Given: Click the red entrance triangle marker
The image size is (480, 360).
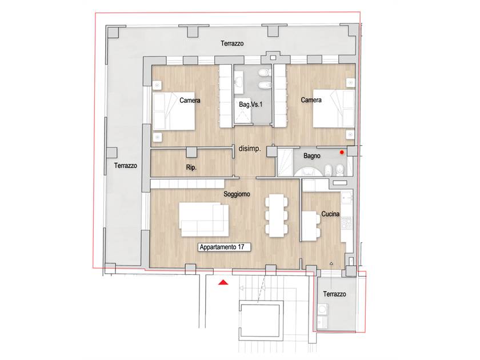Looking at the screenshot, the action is (223, 282).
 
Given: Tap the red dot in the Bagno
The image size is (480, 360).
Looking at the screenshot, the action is (342, 152).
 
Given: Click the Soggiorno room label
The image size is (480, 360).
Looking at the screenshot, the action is (237, 194).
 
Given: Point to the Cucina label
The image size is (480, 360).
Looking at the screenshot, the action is (330, 214).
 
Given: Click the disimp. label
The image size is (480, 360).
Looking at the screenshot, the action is (250, 149).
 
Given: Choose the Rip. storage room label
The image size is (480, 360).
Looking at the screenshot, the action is (191, 167).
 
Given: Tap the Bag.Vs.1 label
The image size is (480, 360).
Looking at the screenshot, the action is (250, 105).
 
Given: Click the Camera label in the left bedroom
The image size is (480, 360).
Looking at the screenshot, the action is (190, 100).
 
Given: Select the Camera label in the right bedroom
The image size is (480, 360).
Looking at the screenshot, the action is (311, 100).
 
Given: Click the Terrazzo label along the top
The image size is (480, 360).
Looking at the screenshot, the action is (232, 43).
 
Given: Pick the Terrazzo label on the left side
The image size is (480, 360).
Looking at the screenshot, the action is (126, 166).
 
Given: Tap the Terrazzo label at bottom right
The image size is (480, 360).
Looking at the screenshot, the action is (335, 294).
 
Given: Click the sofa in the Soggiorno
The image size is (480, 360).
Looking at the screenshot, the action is (204, 219).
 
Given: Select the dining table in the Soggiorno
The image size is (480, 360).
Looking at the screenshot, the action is (277, 215).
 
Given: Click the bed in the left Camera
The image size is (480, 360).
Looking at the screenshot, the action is (174, 111).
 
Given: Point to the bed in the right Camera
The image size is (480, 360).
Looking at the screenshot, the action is (334, 109).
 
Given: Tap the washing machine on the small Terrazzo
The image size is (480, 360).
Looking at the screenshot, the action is (322, 309).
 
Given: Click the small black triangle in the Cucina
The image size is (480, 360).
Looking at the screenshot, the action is (331, 263).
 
